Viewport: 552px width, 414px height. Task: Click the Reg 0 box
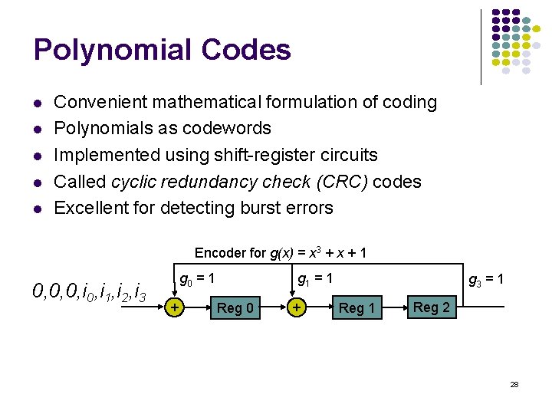(235, 308)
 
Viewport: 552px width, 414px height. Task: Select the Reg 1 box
(356, 308)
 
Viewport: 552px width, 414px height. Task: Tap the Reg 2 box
(432, 307)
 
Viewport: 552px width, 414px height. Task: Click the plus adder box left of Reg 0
(176, 307)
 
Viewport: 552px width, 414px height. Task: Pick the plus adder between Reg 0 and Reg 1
(296, 307)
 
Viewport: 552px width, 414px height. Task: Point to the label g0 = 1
(196, 280)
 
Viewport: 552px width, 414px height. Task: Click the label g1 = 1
(315, 280)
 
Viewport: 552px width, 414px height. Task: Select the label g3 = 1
(486, 280)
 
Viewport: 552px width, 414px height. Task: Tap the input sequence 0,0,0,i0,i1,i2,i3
(90, 291)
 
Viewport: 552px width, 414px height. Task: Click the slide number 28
(514, 383)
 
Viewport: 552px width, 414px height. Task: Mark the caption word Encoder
(219, 252)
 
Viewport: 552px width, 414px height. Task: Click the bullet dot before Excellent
(37, 209)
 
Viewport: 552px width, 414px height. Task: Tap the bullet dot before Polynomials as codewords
(37, 129)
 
